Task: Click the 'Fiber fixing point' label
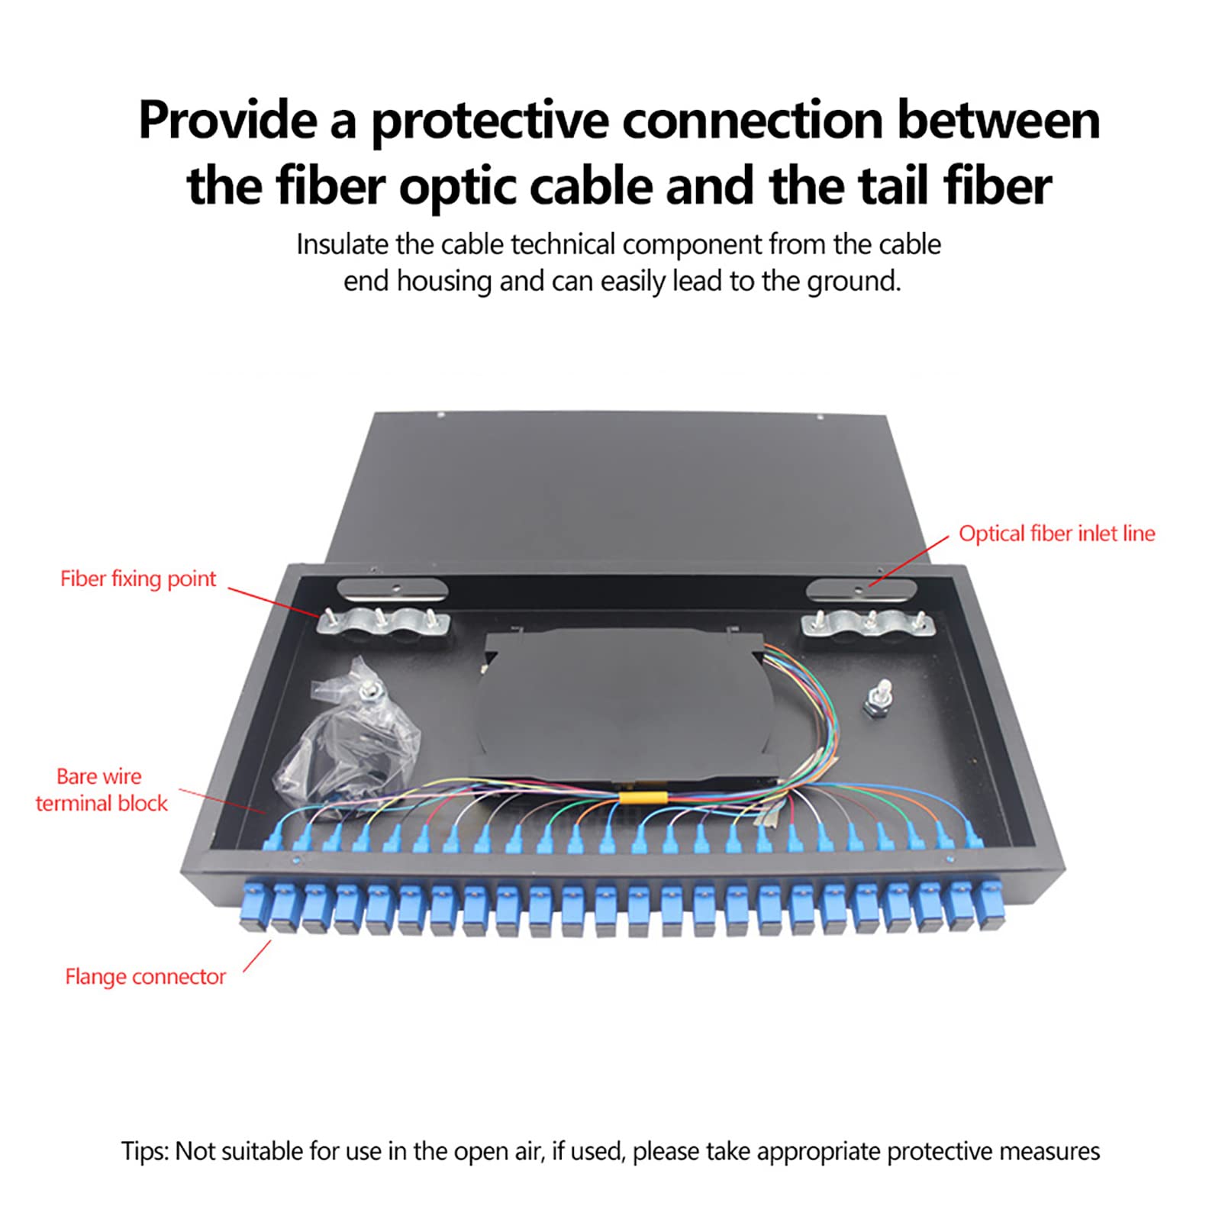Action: tap(138, 579)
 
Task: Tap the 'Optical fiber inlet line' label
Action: tap(1056, 534)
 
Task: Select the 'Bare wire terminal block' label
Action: tap(101, 789)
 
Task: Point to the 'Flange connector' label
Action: tap(145, 976)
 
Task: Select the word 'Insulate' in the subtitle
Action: tap(342, 245)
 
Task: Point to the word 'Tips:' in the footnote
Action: tap(144, 1151)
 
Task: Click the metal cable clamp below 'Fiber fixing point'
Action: tap(382, 623)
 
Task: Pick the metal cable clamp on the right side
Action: tap(868, 624)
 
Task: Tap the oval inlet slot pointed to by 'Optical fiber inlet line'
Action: tap(861, 588)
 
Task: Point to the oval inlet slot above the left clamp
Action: tap(392, 589)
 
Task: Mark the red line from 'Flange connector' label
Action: tap(257, 956)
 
